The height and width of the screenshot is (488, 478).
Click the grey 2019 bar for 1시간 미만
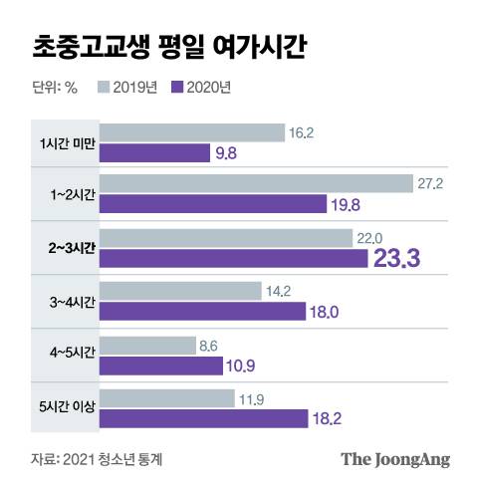pyautogui.click(x=192, y=130)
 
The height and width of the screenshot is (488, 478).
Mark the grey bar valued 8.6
pyautogui.click(x=148, y=346)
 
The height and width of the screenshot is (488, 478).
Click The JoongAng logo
pyautogui.click(x=396, y=459)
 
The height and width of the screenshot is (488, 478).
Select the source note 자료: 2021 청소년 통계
pyautogui.click(x=97, y=459)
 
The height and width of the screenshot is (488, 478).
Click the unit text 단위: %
pyautogui.click(x=55, y=87)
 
